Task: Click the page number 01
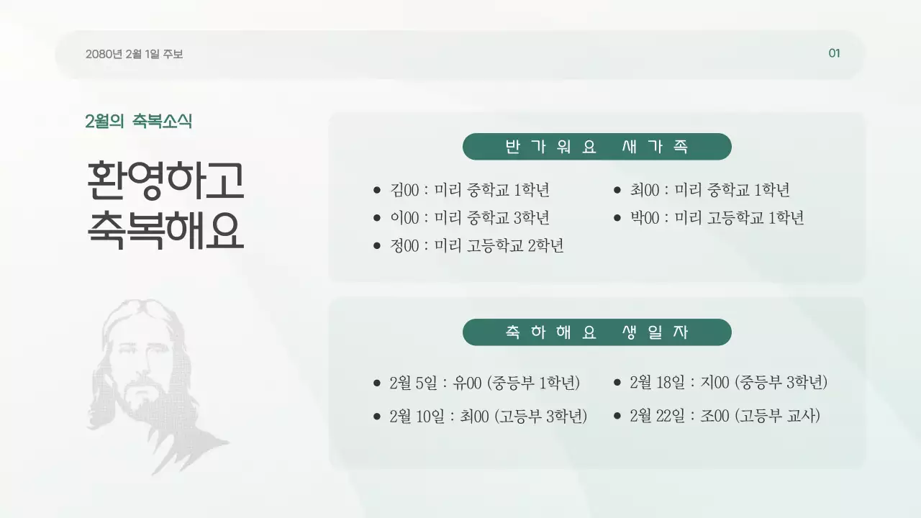click(x=834, y=53)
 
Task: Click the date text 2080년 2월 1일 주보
click(x=134, y=54)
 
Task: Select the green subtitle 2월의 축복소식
click(x=138, y=122)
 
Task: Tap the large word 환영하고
click(x=165, y=181)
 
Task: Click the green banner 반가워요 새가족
click(x=596, y=147)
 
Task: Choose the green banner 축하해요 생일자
click(x=596, y=332)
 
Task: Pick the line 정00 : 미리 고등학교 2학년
click(x=476, y=246)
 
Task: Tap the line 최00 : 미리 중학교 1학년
click(x=709, y=191)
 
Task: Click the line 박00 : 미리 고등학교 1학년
click(x=717, y=218)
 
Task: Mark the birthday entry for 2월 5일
click(x=484, y=383)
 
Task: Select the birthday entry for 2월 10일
click(x=488, y=417)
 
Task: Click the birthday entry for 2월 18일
click(x=728, y=383)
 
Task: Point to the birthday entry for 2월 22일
click(x=724, y=417)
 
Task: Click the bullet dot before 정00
click(x=376, y=246)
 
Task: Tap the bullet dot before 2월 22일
click(x=617, y=417)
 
